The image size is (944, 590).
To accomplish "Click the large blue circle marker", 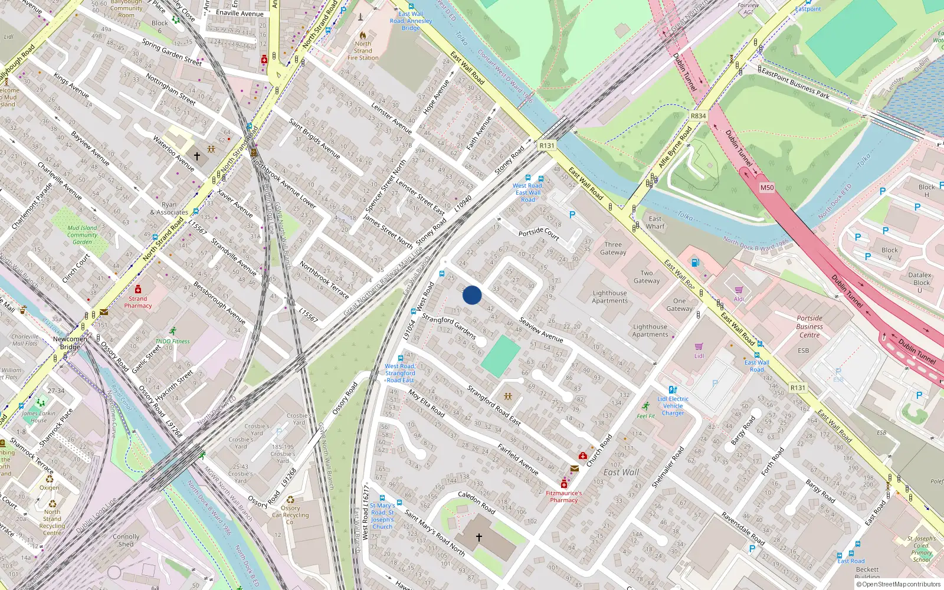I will click(x=472, y=295).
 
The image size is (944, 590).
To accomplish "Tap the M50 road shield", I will click(x=766, y=188).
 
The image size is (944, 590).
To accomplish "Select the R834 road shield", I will click(x=698, y=116).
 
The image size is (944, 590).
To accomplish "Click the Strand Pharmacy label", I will click(x=137, y=302).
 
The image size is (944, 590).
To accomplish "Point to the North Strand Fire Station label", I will click(x=363, y=51).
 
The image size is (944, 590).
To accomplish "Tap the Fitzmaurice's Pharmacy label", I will click(x=563, y=497).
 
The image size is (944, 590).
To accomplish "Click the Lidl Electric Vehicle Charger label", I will click(x=673, y=406).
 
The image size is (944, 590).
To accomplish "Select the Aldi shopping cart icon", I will click(x=739, y=290).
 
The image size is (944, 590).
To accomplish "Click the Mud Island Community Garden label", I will click(x=82, y=235).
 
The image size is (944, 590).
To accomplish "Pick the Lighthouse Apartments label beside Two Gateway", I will click(x=609, y=297).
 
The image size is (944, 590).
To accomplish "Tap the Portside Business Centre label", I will click(x=809, y=326).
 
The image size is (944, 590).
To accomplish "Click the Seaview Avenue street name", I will click(x=541, y=330).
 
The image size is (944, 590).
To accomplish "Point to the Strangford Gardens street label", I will click(x=448, y=326).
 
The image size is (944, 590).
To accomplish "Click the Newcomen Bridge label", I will click(x=70, y=343).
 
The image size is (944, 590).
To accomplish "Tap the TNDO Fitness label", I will click(x=172, y=341).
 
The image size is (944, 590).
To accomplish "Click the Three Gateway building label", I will click(x=613, y=248).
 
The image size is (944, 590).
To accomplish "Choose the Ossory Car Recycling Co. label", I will click(x=290, y=515).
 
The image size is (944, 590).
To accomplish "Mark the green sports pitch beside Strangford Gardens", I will click(x=500, y=356).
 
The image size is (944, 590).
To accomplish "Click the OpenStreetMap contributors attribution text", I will click(x=898, y=584).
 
